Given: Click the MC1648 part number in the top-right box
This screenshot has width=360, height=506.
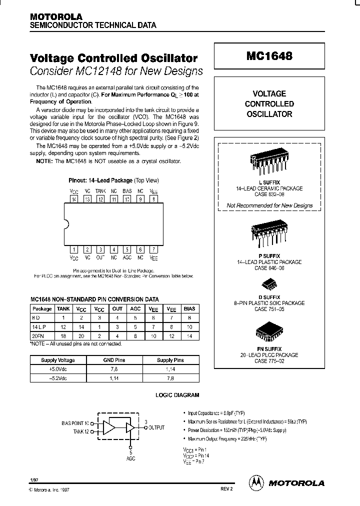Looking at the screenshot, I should [x=269, y=57].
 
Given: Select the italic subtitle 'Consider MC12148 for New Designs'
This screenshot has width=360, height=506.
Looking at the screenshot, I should [x=116, y=70].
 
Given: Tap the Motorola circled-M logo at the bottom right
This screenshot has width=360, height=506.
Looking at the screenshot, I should [x=256, y=482].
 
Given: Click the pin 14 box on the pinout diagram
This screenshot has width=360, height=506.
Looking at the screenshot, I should [x=74, y=199].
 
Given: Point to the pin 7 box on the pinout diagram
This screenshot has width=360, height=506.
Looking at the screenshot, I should [x=154, y=249].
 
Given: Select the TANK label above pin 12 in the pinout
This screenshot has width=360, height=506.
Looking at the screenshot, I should [x=100, y=191].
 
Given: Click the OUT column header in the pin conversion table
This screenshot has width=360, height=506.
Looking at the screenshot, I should [x=117, y=309].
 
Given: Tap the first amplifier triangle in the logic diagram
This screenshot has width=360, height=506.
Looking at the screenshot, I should [x=108, y=427].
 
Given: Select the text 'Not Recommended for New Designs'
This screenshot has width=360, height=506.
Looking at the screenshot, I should [x=269, y=205].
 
